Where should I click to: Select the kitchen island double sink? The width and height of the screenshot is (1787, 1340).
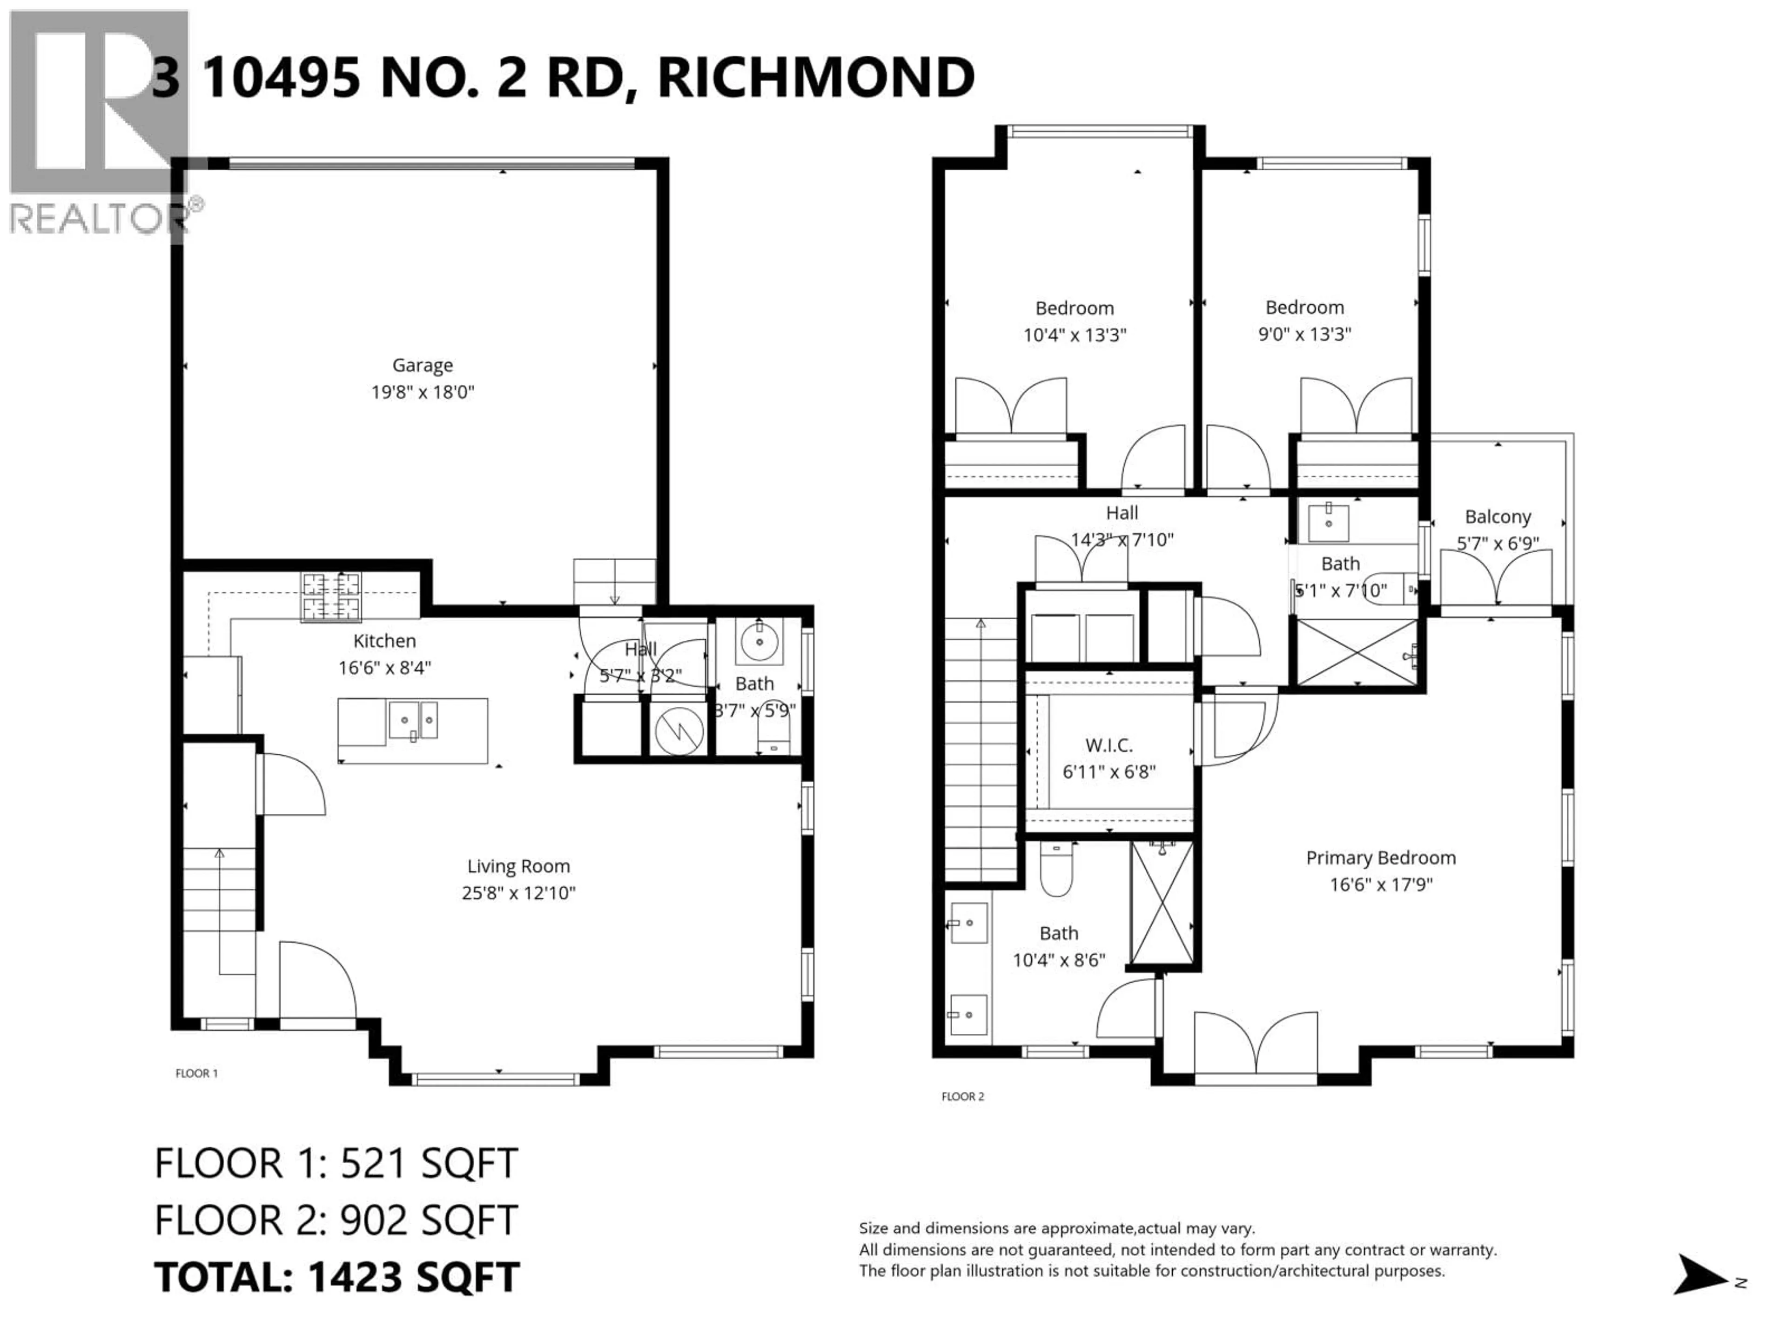tap(413, 720)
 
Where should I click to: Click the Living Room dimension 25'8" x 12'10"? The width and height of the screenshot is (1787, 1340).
tap(518, 892)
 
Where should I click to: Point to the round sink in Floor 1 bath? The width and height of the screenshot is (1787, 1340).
tap(759, 642)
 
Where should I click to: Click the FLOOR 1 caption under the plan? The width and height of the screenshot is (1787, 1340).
tap(196, 1073)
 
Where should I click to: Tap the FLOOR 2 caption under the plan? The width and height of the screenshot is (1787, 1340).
tap(962, 1097)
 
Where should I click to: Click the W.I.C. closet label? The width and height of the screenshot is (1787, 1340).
tap(1108, 745)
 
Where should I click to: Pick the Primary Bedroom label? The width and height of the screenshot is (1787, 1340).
tap(1381, 858)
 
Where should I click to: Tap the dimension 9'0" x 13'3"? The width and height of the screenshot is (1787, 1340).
tap(1304, 334)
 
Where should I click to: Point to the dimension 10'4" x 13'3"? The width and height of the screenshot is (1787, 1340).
tap(1075, 335)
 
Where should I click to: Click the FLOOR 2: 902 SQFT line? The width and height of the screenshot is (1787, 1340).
tap(336, 1220)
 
